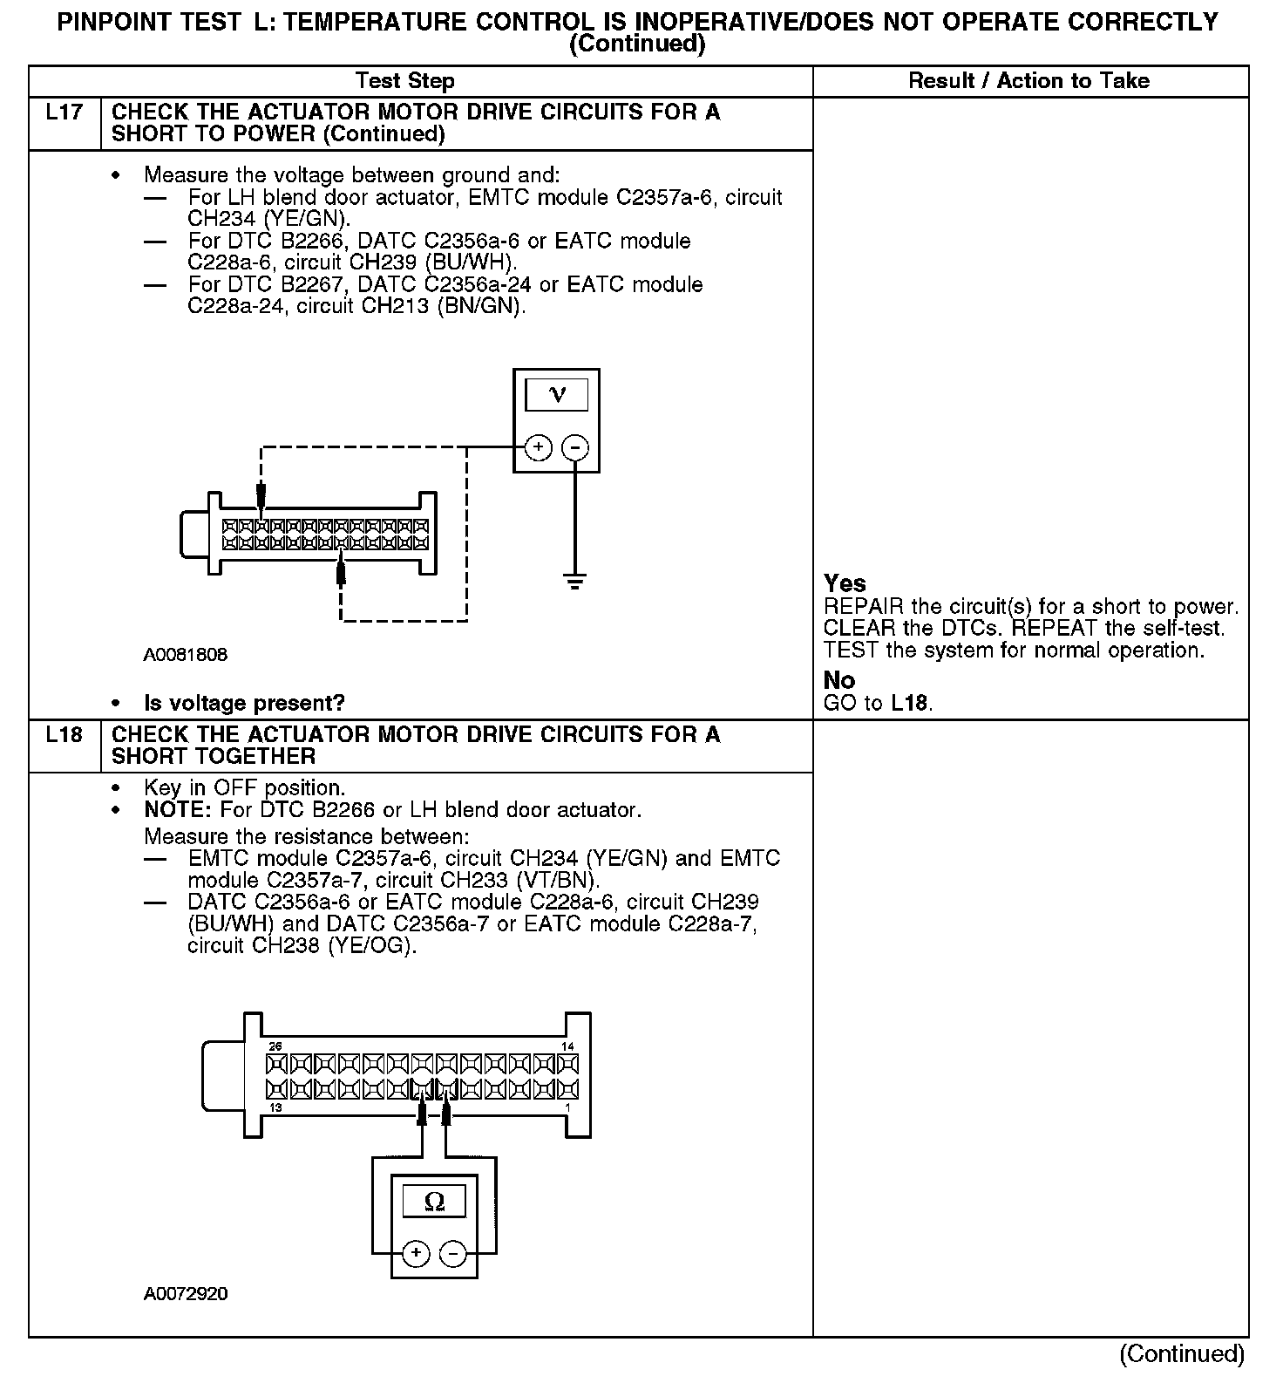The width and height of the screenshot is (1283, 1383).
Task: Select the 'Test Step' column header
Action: click(x=404, y=81)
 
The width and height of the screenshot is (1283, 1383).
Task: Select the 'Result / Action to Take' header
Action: click(x=1028, y=81)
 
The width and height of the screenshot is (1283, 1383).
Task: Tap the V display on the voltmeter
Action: click(x=556, y=395)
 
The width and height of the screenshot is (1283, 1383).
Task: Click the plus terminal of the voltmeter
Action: click(x=539, y=447)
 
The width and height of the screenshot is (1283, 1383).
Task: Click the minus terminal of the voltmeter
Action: click(x=575, y=447)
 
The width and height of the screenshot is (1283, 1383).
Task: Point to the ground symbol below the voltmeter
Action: click(x=574, y=581)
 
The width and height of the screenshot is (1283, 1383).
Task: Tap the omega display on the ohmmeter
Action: click(x=433, y=1202)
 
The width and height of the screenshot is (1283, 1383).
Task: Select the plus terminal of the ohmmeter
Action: click(x=417, y=1254)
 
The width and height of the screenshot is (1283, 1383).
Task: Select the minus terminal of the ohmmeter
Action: click(x=452, y=1254)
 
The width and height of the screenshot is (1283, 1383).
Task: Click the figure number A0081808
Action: click(x=186, y=654)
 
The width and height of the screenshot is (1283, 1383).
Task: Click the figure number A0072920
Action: click(x=186, y=1294)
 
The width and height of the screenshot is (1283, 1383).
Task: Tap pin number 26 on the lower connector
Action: click(x=275, y=1046)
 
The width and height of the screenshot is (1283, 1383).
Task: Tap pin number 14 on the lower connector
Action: click(x=567, y=1046)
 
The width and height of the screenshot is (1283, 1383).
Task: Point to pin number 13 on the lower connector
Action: click(x=275, y=1107)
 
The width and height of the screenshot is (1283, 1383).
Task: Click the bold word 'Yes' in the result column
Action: click(x=845, y=583)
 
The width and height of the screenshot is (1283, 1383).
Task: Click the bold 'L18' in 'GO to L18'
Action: click(x=910, y=703)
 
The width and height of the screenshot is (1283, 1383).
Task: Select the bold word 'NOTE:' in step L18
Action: click(x=178, y=810)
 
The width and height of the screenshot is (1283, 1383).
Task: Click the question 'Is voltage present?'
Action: click(x=244, y=703)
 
